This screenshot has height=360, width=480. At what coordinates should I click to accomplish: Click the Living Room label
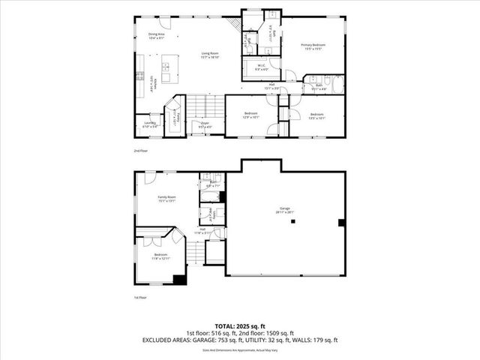[x=209, y=54]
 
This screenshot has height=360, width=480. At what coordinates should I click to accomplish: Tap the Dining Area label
[x=156, y=35]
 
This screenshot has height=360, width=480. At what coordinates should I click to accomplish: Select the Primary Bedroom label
[x=316, y=46]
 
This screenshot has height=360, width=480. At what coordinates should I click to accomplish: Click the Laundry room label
[x=149, y=125]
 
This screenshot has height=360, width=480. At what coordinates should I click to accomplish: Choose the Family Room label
[x=166, y=198]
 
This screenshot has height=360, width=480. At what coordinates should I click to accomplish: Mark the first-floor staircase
[x=195, y=256]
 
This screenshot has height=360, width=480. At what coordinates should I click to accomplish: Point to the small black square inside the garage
[x=340, y=222]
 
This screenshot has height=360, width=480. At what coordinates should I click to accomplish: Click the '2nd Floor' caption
[x=140, y=151]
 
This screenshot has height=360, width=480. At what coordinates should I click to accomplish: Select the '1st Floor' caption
[x=139, y=298]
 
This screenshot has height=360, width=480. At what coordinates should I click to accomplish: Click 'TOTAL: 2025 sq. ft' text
[x=239, y=326]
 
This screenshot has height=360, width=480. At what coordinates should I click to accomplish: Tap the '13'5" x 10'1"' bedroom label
[x=316, y=116]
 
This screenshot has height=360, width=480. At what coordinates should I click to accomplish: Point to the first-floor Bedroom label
[x=160, y=256]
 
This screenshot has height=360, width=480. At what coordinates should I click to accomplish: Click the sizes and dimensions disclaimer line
[x=239, y=349]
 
